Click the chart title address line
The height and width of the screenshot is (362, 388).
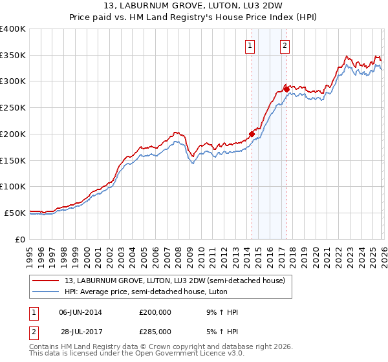pos(193,7)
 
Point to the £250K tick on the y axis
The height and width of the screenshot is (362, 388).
pos(12,107)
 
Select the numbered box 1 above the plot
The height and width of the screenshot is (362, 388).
pos(250,45)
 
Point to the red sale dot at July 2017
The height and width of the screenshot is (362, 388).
pos(286,89)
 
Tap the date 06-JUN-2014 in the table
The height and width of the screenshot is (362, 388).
pos(80,312)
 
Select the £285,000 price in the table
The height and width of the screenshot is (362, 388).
pos(156,331)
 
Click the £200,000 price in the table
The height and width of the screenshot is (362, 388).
pos(156,312)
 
